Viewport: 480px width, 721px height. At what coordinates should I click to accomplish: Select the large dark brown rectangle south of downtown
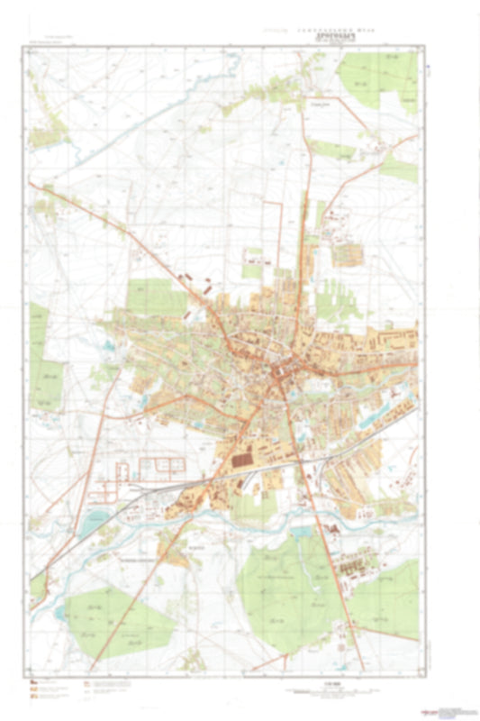[244, 461]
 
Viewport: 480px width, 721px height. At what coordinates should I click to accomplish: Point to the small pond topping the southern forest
[294, 537]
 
